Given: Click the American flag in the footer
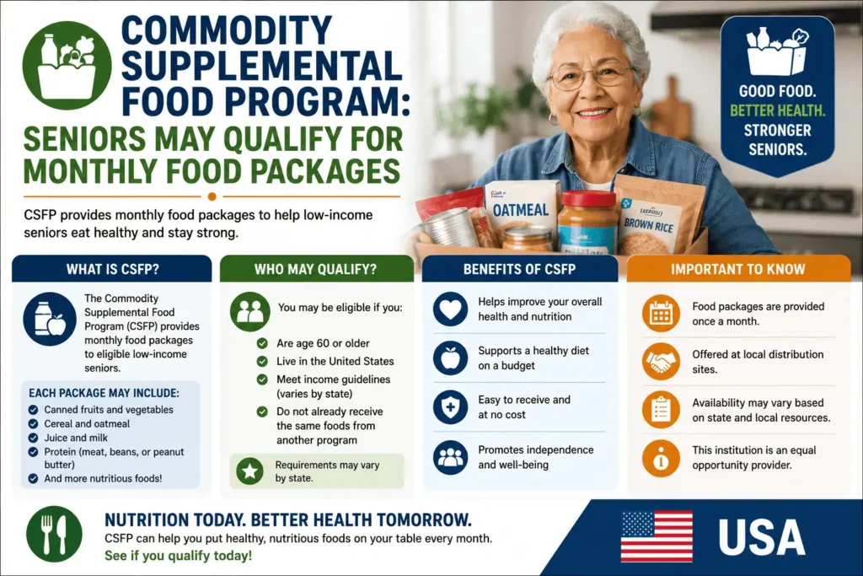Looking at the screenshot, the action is point(657,536).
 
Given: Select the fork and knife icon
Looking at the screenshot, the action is point(54,534).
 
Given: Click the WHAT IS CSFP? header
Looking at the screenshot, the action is point(112,269).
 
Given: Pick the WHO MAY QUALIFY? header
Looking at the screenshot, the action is point(315,269).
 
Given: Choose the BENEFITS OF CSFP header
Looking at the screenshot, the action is point(519,269).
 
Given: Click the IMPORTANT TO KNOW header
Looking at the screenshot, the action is point(737,269).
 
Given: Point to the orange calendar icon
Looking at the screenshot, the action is point(661,314).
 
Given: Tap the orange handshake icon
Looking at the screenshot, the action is point(661,362).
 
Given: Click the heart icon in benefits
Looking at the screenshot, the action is point(450,309).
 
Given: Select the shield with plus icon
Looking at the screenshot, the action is point(450,407).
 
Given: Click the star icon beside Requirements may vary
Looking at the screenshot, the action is point(249,471).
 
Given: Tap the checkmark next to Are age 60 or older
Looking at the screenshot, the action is point(263,343).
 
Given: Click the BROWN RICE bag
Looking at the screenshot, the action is point(654,218).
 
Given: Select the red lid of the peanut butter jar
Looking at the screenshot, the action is point(587,199).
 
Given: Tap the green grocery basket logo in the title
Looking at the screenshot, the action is point(67,66).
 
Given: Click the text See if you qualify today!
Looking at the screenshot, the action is point(179,556).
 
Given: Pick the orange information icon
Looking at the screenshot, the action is point(661,458).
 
